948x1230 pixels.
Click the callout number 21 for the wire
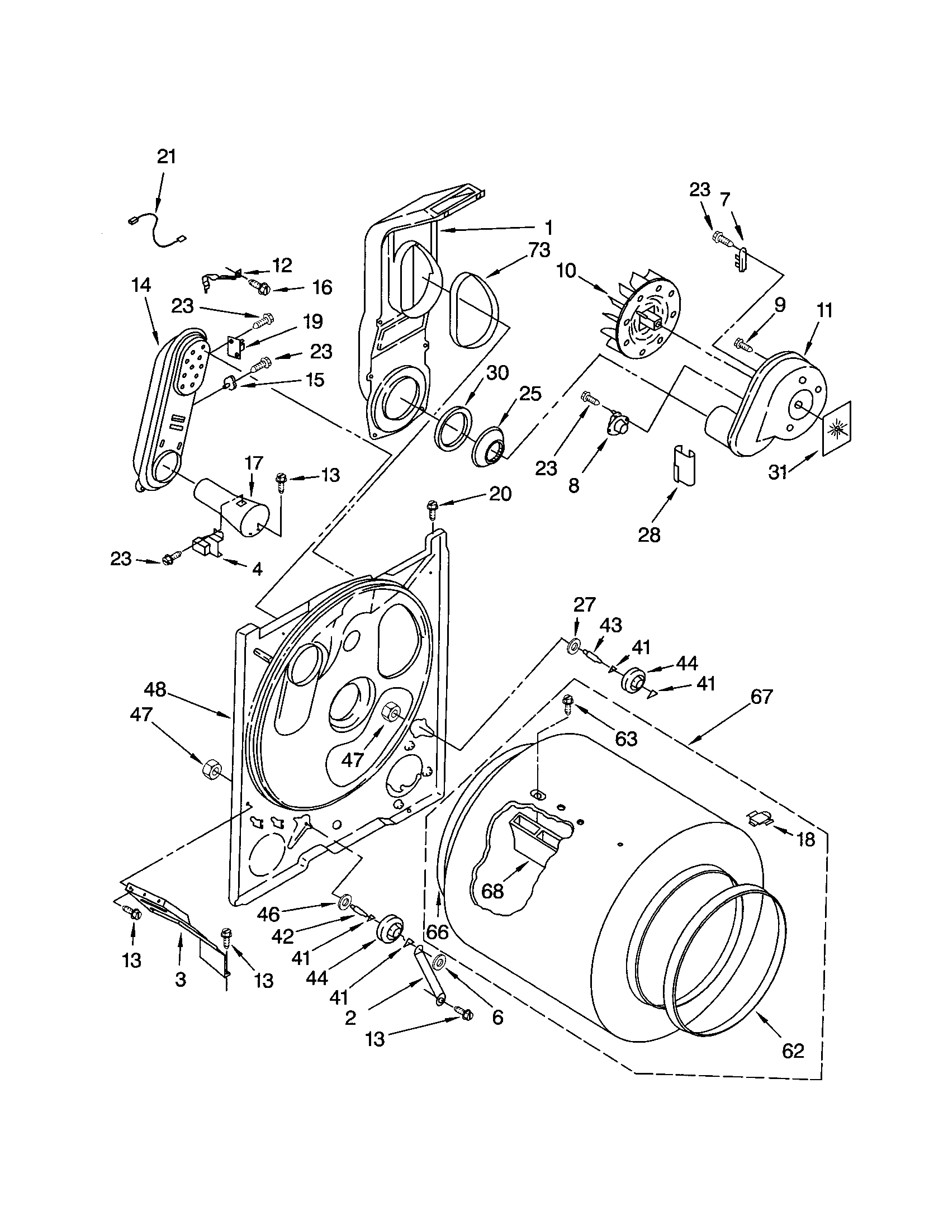[167, 157]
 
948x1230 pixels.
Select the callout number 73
[538, 250]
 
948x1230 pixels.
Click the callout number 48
[155, 690]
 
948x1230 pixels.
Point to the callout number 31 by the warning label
[778, 472]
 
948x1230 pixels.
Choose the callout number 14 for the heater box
[142, 286]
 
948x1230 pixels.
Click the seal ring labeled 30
[452, 431]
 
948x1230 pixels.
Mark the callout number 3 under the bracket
[180, 981]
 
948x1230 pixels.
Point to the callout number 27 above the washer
[584, 605]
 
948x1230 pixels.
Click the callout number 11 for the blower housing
[824, 311]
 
